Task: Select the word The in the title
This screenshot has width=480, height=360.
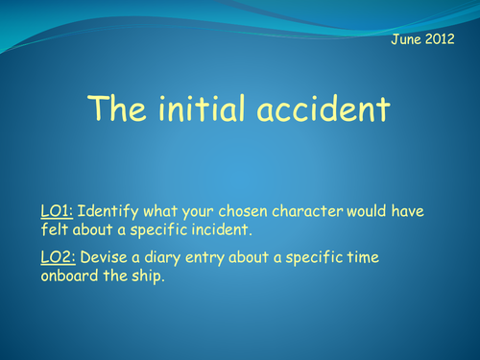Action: pyautogui.click(x=117, y=110)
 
